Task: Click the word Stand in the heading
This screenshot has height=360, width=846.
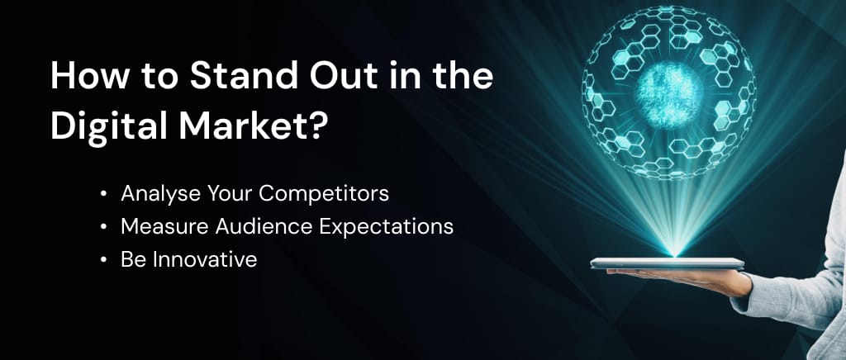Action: pyautogui.click(x=244, y=76)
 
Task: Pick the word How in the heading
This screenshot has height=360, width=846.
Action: pyautogui.click(x=90, y=76)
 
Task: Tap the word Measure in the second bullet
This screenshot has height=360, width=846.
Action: pyautogui.click(x=165, y=227)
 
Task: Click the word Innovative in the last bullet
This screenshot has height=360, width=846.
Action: pyautogui.click(x=205, y=260)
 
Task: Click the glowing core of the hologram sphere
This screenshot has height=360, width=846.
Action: pyautogui.click(x=669, y=96)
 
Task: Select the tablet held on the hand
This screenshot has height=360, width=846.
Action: pyautogui.click(x=668, y=263)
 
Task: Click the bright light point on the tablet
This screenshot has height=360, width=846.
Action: pyautogui.click(x=674, y=253)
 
